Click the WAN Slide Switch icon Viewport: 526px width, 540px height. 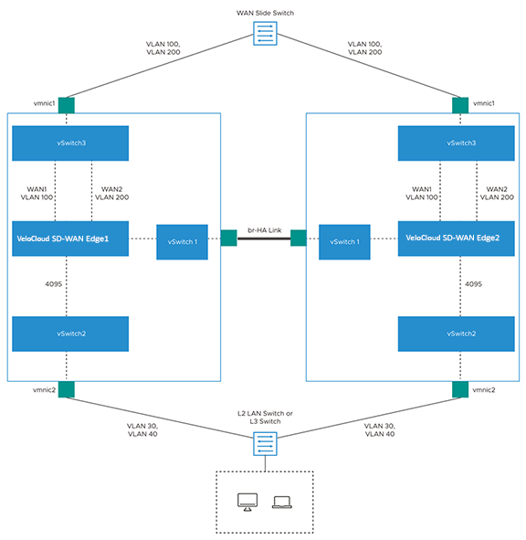pyautogui.click(x=265, y=34)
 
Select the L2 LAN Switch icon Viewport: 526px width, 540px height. pyautogui.click(x=265, y=444)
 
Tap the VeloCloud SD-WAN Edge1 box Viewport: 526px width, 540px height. pyautogui.click(x=70, y=238)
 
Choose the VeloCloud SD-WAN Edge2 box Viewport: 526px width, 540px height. pyautogui.click(x=456, y=238)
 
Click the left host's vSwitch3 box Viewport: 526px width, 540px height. pyautogui.click(x=70, y=143)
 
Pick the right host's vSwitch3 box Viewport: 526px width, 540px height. pyautogui.click(x=456, y=143)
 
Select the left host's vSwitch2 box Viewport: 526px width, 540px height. pyautogui.click(x=70, y=334)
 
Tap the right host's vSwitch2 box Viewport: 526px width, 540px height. pyautogui.click(x=456, y=334)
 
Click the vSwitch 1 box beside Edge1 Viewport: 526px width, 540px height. pyautogui.click(x=182, y=242)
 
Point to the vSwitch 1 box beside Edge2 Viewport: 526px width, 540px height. pyautogui.click(x=344, y=242)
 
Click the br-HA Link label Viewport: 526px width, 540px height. pyautogui.click(x=265, y=230)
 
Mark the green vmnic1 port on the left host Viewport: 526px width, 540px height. pyautogui.click(x=67, y=105)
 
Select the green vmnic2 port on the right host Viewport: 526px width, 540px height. pyautogui.click(x=460, y=389)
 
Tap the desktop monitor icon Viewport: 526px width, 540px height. pyautogui.click(x=247, y=503)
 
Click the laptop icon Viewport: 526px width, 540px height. pyautogui.click(x=282, y=503)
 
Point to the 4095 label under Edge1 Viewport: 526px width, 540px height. pyautogui.click(x=53, y=284)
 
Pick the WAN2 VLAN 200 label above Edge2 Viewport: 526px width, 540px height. pyautogui.click(x=497, y=193)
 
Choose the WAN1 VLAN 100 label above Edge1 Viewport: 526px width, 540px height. pyautogui.click(x=37, y=193)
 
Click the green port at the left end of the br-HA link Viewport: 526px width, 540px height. pyautogui.click(x=228, y=238)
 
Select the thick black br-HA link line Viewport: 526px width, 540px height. pyautogui.click(x=264, y=238)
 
